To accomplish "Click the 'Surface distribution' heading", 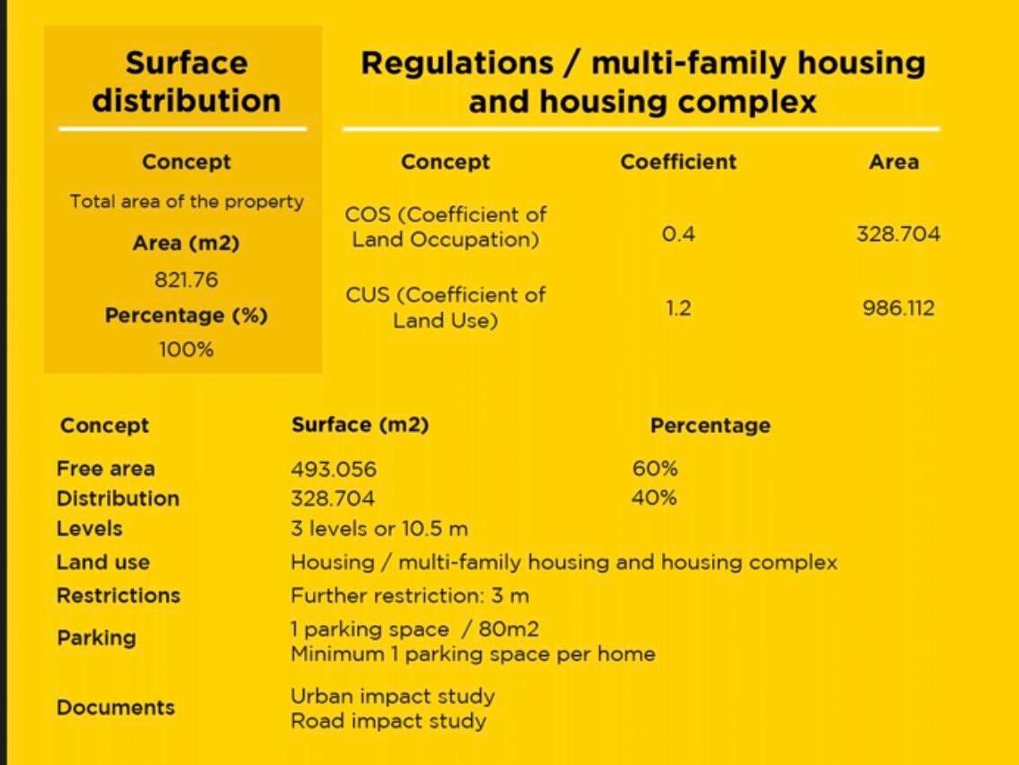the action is tap(186, 82).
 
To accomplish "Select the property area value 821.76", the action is tap(186, 279).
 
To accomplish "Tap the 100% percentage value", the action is tap(186, 350).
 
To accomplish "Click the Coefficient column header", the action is tap(678, 162).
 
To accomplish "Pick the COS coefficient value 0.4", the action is tap(678, 233).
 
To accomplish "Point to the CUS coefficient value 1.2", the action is tap(678, 307).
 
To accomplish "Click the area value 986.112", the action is tap(899, 307).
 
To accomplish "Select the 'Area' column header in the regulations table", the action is tap(894, 162).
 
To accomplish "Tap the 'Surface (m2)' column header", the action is tap(360, 425).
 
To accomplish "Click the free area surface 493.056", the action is tap(334, 469).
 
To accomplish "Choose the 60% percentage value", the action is tap(655, 468).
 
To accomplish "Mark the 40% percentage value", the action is tap(654, 498).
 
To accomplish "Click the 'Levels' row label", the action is tap(90, 528).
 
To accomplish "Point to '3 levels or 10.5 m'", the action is tap(379, 528).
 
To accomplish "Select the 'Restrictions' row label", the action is tap(119, 595).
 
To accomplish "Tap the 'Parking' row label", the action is tap(97, 638).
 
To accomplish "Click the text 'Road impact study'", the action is tap(389, 720).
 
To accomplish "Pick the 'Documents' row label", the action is tap(116, 707).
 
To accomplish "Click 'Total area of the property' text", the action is tap(187, 202).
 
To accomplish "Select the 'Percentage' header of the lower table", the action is tap(710, 425).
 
